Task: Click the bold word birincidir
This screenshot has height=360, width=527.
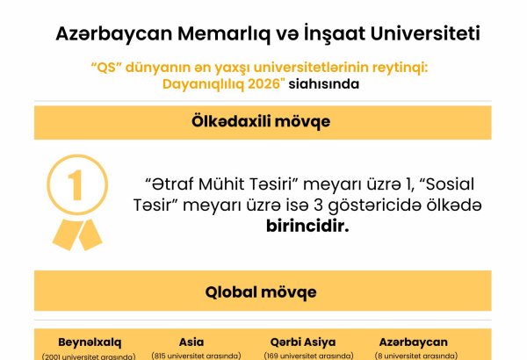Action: pyautogui.click(x=307, y=226)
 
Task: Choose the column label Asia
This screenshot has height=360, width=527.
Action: pyautogui.click(x=191, y=341)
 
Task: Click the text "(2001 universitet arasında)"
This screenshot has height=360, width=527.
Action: pyautogui.click(x=90, y=356)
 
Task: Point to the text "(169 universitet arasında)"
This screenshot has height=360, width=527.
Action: pyautogui.click(x=302, y=356)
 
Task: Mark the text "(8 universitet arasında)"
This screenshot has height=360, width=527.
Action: pyautogui.click(x=413, y=356)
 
